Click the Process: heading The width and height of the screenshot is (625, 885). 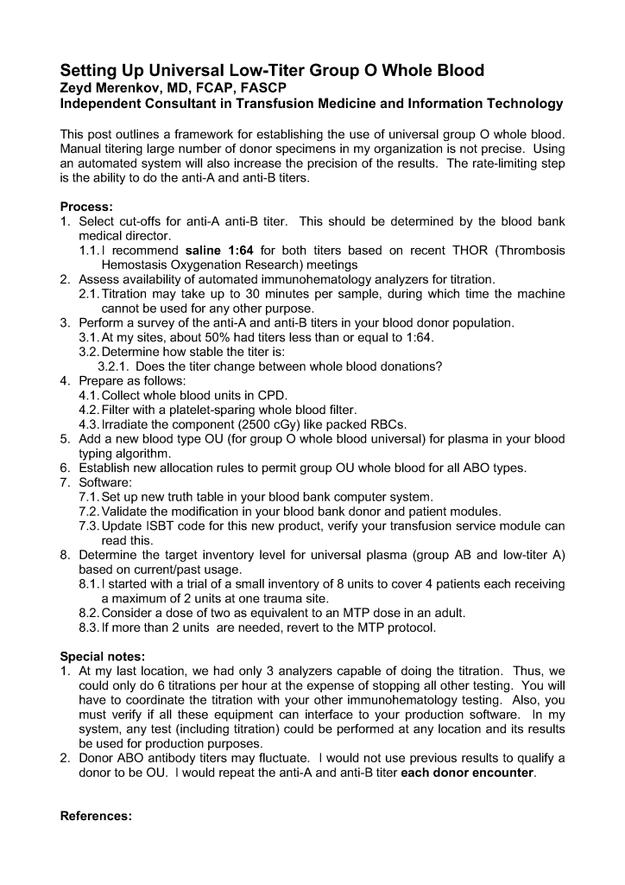tap(86, 207)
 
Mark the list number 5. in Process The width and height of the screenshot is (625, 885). tap(65, 438)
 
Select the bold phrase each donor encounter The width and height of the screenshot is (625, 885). tap(468, 773)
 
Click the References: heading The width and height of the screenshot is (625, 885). tap(96, 817)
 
